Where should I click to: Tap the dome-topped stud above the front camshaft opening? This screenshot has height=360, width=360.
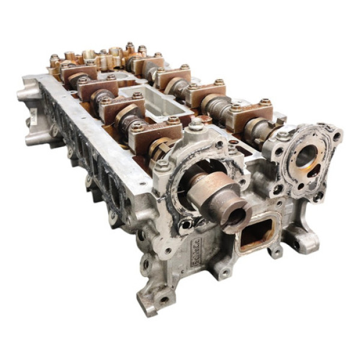pos(196,124)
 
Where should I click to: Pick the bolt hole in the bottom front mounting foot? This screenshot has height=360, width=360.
pos(161,298)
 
